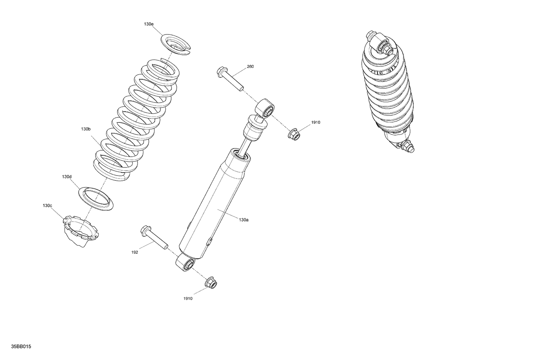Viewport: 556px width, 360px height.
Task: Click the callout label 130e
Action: point(149,24)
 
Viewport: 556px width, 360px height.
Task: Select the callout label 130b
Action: point(86,129)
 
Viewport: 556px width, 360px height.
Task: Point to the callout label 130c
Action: point(47,206)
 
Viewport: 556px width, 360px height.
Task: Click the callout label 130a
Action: point(244,220)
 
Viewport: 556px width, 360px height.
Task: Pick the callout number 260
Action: point(250,67)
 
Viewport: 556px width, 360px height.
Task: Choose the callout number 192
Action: point(135,252)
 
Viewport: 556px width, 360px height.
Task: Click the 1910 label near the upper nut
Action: point(315,122)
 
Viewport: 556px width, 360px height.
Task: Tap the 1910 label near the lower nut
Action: point(188,299)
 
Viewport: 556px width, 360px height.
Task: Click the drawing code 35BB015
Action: point(21,347)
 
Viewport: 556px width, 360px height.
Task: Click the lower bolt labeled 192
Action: point(153,237)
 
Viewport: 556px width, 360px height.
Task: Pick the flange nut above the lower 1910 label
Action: point(211,282)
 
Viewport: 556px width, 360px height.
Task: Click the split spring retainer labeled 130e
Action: point(176,44)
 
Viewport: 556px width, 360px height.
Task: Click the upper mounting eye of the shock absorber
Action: point(265,109)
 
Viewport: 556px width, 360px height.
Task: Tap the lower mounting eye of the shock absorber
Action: point(185,264)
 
